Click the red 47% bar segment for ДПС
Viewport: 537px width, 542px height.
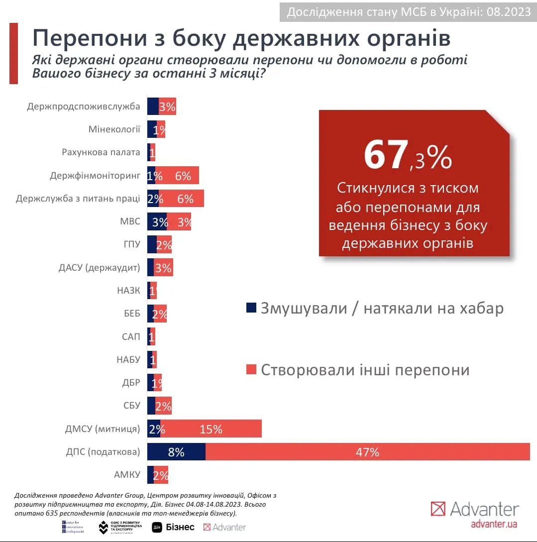tap(367, 452)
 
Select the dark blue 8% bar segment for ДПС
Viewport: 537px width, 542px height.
tap(176, 452)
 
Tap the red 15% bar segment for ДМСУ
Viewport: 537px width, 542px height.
tap(211, 429)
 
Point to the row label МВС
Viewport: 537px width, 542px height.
tap(130, 221)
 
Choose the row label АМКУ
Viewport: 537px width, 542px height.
tap(127, 475)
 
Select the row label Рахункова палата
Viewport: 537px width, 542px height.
tap(101, 152)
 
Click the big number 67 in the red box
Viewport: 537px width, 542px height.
tap(386, 155)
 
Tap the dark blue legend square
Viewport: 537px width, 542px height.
tap(251, 308)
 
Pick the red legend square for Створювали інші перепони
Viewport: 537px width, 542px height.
tap(251, 369)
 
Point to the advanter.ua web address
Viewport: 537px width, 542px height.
tap(494, 524)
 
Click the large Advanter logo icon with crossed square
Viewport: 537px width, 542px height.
tap(438, 509)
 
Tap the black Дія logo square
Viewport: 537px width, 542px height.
tap(156, 527)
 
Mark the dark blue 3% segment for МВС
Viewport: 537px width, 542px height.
tap(157, 221)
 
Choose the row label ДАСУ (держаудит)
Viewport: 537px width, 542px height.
tap(100, 268)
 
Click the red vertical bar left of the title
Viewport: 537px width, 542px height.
tap(14, 53)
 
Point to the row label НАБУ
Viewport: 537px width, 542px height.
tap(127, 360)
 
